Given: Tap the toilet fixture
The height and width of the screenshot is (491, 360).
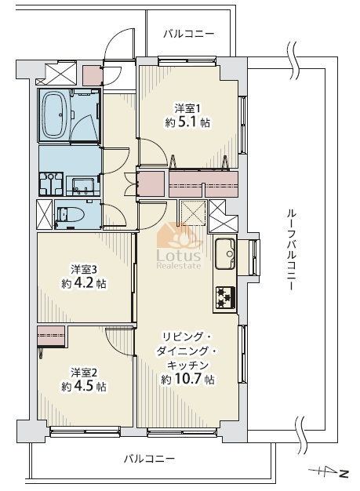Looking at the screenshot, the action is (71, 215).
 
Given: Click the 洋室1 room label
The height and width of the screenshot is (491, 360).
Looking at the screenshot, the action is (187, 109).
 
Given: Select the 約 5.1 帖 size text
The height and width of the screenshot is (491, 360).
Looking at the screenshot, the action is (187, 122).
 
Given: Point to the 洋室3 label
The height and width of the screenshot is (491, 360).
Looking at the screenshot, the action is (83, 269).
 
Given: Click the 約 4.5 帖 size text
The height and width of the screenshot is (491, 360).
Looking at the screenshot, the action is (84, 387).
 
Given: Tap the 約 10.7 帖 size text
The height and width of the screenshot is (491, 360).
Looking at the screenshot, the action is (187, 380).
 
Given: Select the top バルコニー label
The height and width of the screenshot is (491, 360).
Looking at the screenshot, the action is (189, 34).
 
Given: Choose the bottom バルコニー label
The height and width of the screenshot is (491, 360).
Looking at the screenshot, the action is (149, 460).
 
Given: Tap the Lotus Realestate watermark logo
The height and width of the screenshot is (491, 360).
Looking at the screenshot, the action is (179, 246).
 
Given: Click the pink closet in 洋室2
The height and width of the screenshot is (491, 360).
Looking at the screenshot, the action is (51, 336).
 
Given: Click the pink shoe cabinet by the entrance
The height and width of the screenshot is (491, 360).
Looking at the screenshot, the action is (93, 75).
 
